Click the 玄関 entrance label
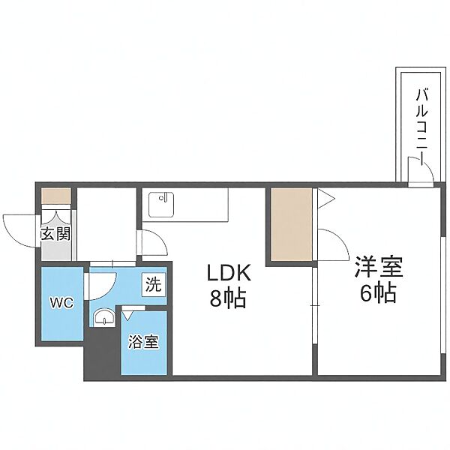point(55,234)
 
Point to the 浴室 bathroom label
point(144,341)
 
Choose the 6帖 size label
point(379,293)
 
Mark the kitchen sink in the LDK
point(161,202)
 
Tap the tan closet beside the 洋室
point(292,225)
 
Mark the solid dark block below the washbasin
point(100,352)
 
